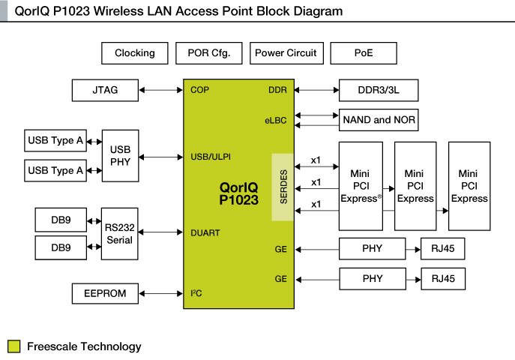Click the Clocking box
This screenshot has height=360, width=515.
[135, 53]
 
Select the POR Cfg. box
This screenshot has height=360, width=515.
[208, 53]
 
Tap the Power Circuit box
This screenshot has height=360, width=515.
[285, 53]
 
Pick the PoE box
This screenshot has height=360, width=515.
[364, 53]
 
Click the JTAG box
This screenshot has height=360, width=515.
[106, 91]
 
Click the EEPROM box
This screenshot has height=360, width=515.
[106, 294]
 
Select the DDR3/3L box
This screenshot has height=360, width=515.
[378, 91]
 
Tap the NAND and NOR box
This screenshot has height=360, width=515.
[378, 119]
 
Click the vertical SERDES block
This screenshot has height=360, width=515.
[283, 187]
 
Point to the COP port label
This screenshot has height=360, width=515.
[200, 90]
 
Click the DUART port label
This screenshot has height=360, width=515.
[205, 233]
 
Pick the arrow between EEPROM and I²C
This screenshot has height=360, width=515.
[161, 294]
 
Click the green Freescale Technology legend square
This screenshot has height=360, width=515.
[13, 346]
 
